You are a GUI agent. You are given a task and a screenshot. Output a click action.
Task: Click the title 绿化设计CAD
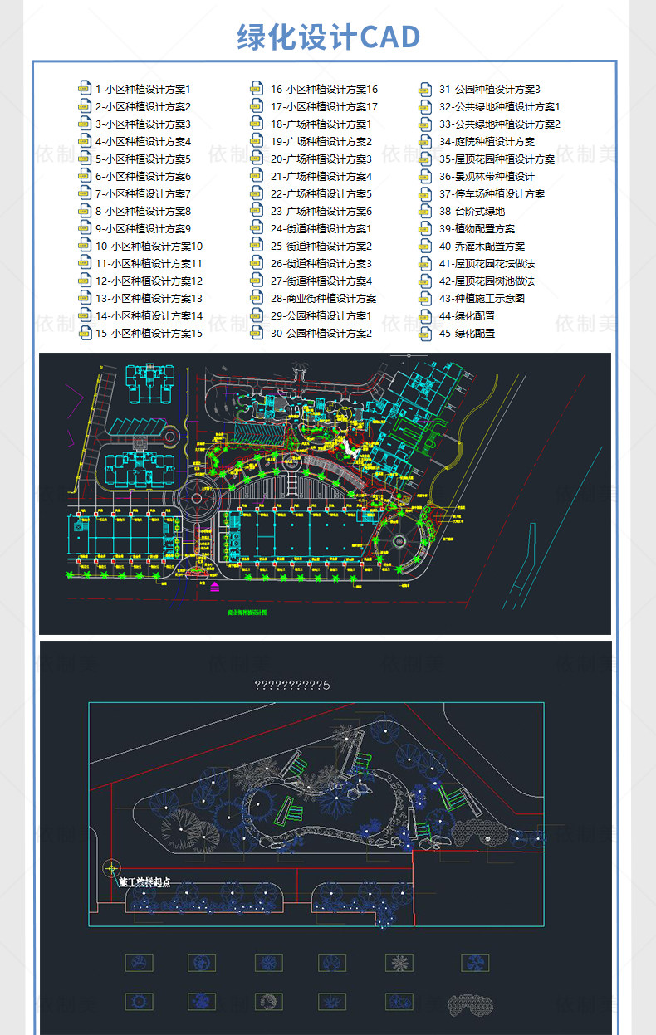pyautogui.click(x=328, y=37)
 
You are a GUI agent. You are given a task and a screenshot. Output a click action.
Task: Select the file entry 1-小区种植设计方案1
pyautogui.click(x=143, y=89)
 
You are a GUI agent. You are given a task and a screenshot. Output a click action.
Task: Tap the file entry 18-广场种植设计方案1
pyautogui.click(x=321, y=124)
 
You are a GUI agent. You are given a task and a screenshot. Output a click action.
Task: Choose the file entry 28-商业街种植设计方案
pyautogui.click(x=323, y=298)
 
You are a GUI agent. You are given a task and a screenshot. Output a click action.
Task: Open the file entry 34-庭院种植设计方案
pyautogui.click(x=487, y=141)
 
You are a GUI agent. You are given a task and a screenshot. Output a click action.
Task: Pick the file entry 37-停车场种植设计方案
pyautogui.click(x=492, y=193)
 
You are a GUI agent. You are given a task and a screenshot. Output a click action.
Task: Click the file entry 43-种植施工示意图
pyautogui.click(x=482, y=298)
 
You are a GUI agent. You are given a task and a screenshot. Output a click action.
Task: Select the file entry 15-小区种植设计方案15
pyautogui.click(x=149, y=333)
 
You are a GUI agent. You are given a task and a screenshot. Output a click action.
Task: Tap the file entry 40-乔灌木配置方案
pyautogui.click(x=482, y=246)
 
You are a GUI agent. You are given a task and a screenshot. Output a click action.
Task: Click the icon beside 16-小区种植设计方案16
pyautogui.click(x=257, y=89)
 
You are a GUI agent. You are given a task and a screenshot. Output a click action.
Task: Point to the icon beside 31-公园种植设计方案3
pyautogui.click(x=426, y=89)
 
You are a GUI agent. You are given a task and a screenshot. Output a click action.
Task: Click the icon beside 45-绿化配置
pyautogui.click(x=426, y=333)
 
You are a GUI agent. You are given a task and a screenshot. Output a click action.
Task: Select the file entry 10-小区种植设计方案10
pyautogui.click(x=149, y=246)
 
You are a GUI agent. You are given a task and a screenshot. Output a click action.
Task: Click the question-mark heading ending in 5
pyautogui.click(x=291, y=685)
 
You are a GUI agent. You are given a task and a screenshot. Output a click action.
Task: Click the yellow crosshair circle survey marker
pyautogui.click(x=110, y=869)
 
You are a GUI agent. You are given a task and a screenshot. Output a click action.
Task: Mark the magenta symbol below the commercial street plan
pyautogui.click(x=215, y=587)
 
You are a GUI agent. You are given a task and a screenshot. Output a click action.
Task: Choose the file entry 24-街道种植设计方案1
pyautogui.click(x=321, y=228)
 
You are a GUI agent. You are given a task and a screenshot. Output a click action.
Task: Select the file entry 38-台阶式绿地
pyautogui.click(x=472, y=211)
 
